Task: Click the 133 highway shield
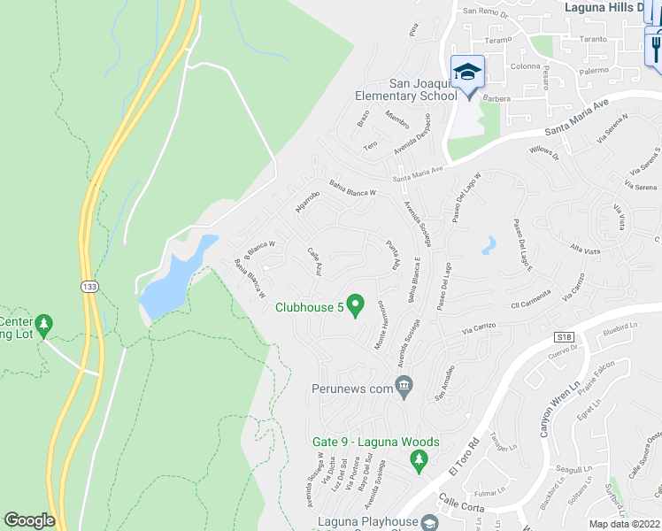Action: point(89,287)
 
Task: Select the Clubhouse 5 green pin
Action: point(356,306)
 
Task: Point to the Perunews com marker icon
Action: point(404,385)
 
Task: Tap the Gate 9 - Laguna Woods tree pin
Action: point(420,459)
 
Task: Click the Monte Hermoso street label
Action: point(383,327)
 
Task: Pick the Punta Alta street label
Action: point(390,254)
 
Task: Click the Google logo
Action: point(28,520)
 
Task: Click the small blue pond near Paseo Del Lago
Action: point(489,245)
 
